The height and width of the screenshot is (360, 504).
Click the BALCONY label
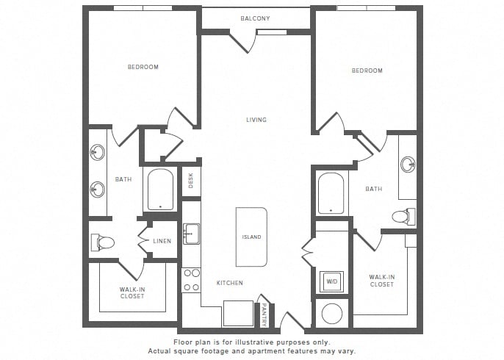pos(255,18)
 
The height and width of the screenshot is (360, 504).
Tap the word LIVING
pos(256,120)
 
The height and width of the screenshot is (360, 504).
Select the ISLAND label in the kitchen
pos(251,237)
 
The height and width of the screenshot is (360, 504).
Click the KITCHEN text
pos(229,283)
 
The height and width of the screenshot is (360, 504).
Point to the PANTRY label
pos(264,314)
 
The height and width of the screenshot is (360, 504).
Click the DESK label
pos(191,181)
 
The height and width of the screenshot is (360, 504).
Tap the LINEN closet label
pos(162,241)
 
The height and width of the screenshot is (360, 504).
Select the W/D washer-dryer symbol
pos(332,281)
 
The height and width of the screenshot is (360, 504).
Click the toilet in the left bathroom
pos(103,242)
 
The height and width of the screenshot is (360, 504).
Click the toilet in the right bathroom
pos(404,217)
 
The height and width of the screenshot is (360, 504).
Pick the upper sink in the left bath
pos(98,152)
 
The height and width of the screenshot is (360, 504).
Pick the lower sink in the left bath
pos(98,190)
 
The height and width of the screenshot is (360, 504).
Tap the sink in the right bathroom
pos(408,165)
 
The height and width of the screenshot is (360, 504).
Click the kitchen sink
pos(191,234)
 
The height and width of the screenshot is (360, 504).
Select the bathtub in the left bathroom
pos(160,189)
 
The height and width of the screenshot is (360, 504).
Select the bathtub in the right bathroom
pos(331,193)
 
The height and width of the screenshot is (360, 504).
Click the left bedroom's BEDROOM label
pos(143,67)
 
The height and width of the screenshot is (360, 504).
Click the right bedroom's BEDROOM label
pos(367,71)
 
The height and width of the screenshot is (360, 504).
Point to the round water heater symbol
pos(332,314)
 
